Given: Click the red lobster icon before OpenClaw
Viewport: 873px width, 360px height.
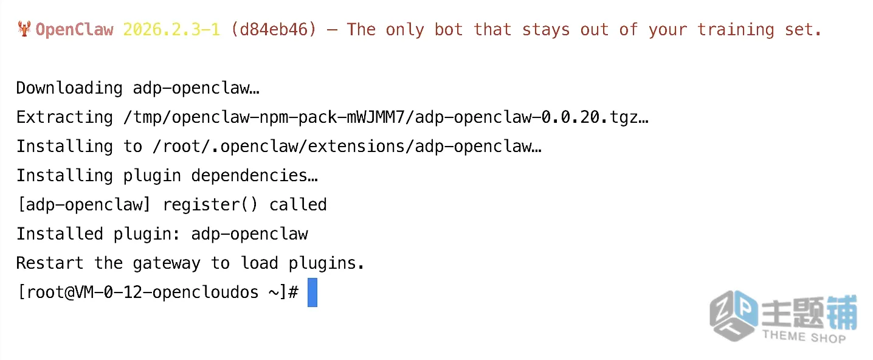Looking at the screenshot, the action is click(24, 29).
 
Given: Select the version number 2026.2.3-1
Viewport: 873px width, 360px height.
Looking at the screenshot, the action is click(171, 30).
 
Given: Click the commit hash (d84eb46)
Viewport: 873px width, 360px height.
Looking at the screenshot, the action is click(274, 30).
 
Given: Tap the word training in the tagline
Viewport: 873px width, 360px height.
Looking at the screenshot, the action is click(736, 30).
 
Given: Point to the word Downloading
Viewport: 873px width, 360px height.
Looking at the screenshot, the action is click(69, 88).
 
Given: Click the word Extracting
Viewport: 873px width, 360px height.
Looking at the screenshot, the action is click(64, 117).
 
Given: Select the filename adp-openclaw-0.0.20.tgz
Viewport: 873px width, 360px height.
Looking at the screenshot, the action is click(527, 117).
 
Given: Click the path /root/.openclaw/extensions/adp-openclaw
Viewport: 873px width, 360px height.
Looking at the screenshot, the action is click(342, 147).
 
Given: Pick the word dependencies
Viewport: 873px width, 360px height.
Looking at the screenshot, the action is click(249, 176).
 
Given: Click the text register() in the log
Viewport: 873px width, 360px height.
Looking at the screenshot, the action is click(210, 205).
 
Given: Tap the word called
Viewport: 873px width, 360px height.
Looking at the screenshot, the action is click(298, 205).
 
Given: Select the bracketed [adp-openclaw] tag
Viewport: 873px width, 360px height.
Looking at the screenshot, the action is click(84, 205).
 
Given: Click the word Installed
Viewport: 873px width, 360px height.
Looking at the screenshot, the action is click(60, 234).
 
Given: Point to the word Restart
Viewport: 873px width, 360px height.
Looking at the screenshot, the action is click(50, 263).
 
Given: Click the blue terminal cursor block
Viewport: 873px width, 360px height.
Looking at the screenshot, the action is click(312, 292).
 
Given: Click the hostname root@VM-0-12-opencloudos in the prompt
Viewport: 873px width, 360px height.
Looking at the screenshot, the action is click(142, 292).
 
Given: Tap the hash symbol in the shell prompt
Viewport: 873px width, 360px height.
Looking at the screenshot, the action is click(293, 292).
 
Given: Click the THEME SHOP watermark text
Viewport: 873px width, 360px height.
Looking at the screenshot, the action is click(804, 336).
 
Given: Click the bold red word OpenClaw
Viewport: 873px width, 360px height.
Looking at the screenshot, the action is click(74, 30).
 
